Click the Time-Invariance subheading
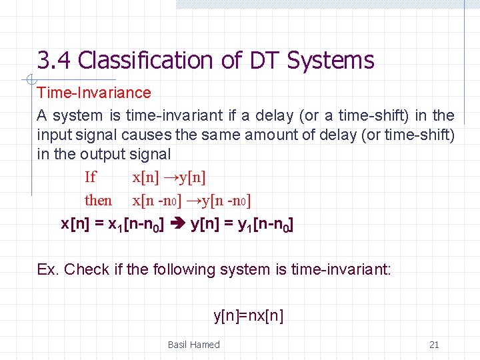pyautogui.click(x=94, y=93)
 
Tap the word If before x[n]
pyautogui.click(x=91, y=177)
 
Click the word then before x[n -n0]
pyautogui.click(x=99, y=200)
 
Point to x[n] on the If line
pyautogui.click(x=145, y=177)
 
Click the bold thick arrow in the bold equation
pyautogui.click(x=180, y=225)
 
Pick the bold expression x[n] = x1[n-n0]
pyautogui.click(x=115, y=225)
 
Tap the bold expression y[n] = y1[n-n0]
pyautogui.click(x=242, y=225)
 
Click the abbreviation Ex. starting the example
pyautogui.click(x=48, y=270)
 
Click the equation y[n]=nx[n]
pyautogui.click(x=248, y=315)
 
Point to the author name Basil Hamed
pyautogui.click(x=193, y=345)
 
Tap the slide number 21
pyautogui.click(x=434, y=345)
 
